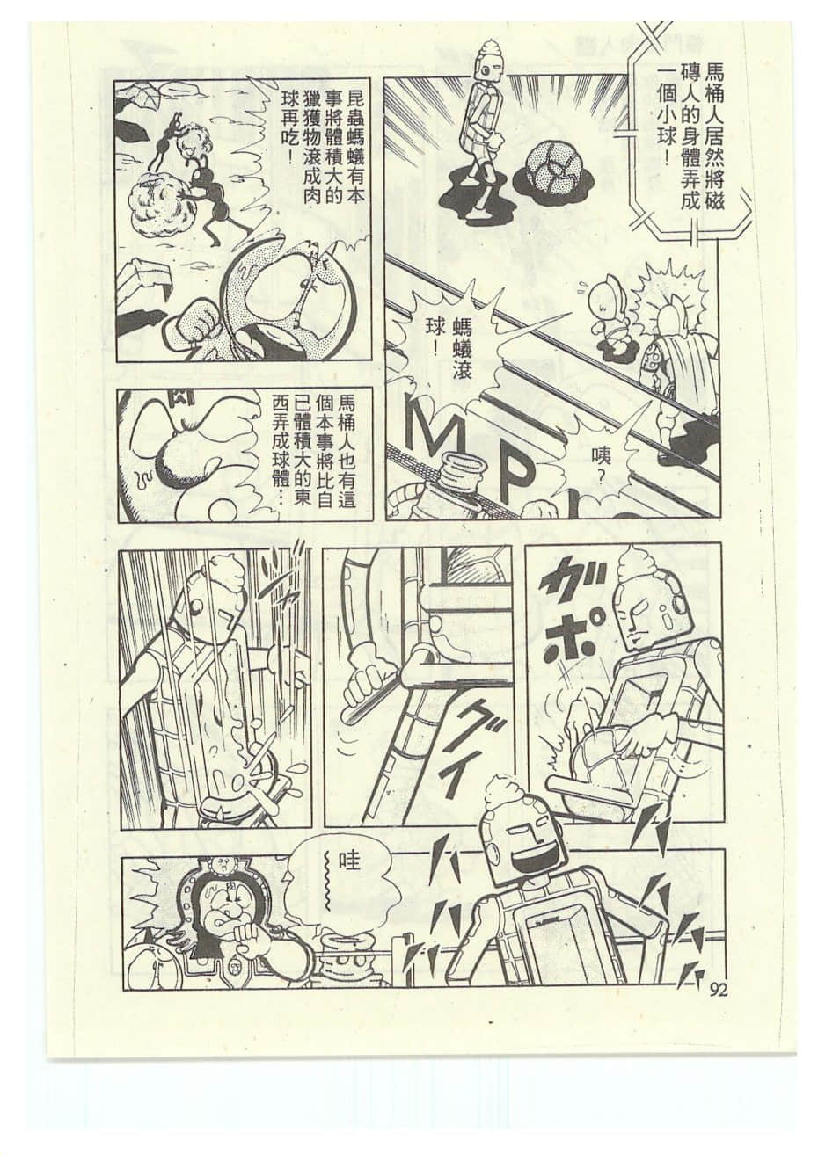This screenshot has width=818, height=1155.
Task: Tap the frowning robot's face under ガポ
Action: pos(649,615)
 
